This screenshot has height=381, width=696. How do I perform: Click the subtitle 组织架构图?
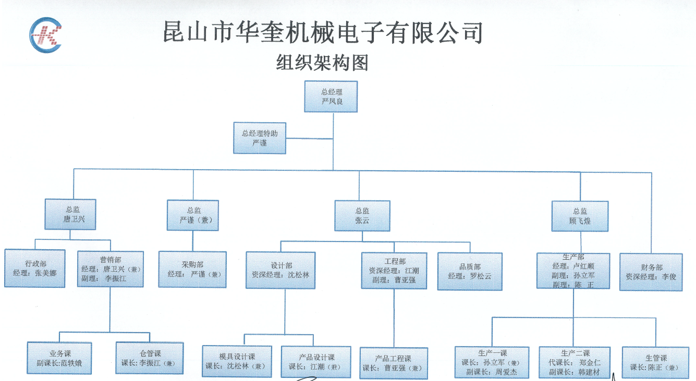pos(322,63)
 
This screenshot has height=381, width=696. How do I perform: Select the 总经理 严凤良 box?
pos(331,96)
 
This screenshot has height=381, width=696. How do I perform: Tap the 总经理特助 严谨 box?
pos(260,138)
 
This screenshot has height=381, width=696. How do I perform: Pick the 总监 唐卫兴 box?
pos(70,214)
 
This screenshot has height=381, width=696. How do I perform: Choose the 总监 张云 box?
pos(362,215)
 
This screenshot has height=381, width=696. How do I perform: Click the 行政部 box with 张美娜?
pos(35,269)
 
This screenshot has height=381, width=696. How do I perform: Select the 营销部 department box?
pos(110,269)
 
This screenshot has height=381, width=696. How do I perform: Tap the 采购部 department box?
pos(192,269)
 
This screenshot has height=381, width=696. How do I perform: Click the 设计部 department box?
pos(280,270)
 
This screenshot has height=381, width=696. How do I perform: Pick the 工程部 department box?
pos(394,270)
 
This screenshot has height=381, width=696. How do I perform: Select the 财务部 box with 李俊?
pos(651,272)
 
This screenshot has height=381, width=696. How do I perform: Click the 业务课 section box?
pos(59,358)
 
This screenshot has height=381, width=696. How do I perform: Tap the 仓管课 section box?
pos(150,358)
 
